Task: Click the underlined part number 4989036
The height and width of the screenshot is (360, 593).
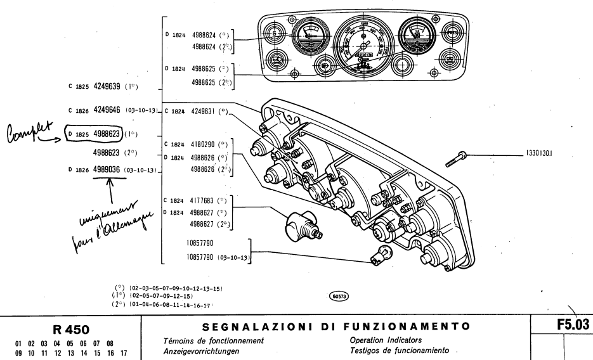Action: coord(107,169)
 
